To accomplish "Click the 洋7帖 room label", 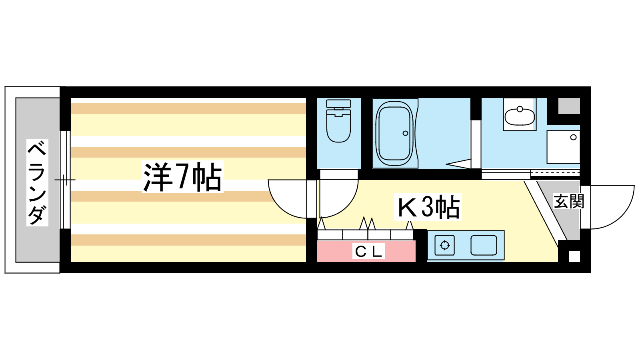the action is coord(182,177).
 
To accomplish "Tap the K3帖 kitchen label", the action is coord(428,206).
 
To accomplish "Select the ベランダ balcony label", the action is coord(37,182).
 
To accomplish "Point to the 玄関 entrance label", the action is coord(568,201).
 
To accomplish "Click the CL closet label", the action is coord(368,251).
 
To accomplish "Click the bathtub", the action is coord(394,134).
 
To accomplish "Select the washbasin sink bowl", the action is coord(520,116).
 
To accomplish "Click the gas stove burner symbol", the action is coord(444,246).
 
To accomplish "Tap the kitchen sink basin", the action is coord(484,246).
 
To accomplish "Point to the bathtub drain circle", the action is coord(406,133).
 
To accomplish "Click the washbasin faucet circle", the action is coord(520,109).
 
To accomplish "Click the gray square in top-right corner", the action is coord(569,106).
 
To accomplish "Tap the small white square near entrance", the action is coord(574,256).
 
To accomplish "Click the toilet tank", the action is coord(338,104).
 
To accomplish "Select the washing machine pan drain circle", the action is coord(573,138).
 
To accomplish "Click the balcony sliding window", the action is coord(65,180).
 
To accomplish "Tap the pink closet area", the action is coord(366,251).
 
